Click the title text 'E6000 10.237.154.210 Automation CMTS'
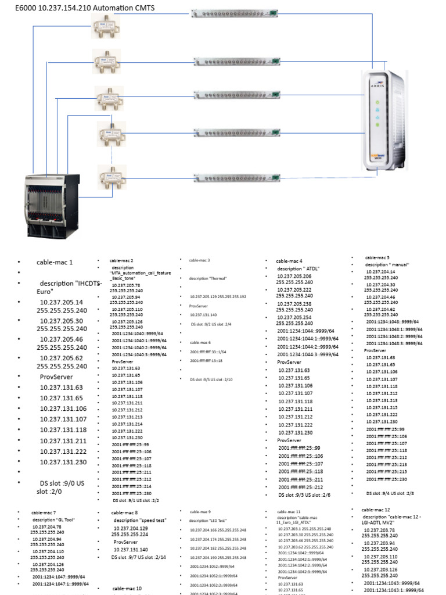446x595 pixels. pyautogui.click(x=81, y=6)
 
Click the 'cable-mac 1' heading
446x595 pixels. pyautogui.click(x=56, y=262)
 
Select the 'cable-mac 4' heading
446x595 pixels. pyautogui.click(x=289, y=261)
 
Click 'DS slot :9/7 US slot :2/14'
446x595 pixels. pyautogui.click(x=139, y=557)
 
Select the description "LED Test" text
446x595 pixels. pyautogui.click(x=207, y=521)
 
